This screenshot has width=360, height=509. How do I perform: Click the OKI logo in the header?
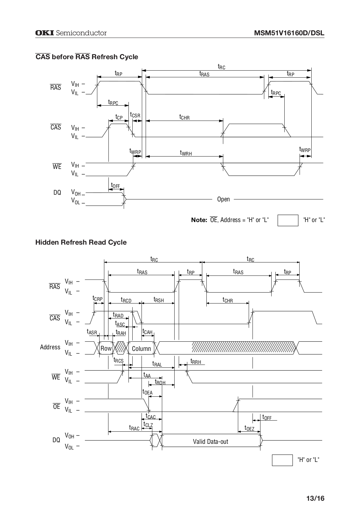click(45, 33)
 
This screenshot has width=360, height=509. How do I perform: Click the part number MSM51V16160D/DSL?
click(289, 33)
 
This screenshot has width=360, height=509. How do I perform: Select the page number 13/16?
click(315, 498)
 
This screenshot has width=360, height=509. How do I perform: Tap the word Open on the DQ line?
click(224, 199)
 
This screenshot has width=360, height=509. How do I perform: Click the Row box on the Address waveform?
click(106, 348)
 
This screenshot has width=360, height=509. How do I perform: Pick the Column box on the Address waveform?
click(141, 348)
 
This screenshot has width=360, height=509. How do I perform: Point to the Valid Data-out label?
click(211, 442)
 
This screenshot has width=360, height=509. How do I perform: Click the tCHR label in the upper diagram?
click(184, 117)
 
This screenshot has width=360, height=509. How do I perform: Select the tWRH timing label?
click(186, 153)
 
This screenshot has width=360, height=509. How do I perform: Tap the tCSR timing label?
click(135, 115)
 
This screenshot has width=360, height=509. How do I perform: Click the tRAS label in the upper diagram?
click(204, 73)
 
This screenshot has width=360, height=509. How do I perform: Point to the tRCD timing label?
click(126, 300)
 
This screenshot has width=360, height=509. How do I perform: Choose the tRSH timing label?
click(159, 299)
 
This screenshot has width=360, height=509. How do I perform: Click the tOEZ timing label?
click(249, 428)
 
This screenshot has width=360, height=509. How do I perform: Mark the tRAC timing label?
click(134, 428)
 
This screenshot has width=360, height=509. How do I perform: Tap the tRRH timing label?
click(196, 361)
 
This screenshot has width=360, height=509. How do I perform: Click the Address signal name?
click(50, 347)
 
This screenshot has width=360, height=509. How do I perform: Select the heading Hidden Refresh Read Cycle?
click(81, 242)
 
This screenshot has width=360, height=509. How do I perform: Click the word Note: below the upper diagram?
click(199, 220)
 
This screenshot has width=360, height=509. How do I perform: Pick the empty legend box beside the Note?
click(288, 220)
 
